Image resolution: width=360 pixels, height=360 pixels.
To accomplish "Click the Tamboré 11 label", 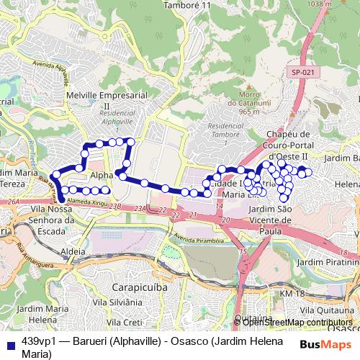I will point(186,5).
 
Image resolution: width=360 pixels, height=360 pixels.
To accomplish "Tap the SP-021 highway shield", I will point(303,72).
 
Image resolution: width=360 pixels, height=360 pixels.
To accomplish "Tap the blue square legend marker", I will point(9,341).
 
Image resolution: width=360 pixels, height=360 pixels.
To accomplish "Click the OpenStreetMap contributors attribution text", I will point(297,322).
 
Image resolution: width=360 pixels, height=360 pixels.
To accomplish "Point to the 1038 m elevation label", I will point(341,4).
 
